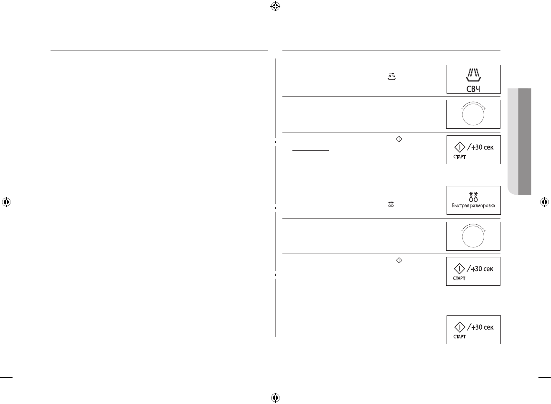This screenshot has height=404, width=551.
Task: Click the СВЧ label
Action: [x=473, y=89]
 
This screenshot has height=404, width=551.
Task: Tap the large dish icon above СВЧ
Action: [x=473, y=76]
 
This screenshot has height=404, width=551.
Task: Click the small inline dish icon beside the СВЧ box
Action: [x=391, y=76]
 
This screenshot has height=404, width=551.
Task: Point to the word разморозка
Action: [x=482, y=206]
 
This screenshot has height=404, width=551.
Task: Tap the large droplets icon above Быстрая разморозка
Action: [x=473, y=197]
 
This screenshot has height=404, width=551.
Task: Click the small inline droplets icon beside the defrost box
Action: [x=391, y=204]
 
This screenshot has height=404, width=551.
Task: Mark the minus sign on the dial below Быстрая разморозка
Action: [x=462, y=231]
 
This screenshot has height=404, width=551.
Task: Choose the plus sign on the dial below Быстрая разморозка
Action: [x=485, y=231]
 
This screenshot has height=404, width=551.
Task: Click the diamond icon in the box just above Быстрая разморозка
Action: [x=460, y=147]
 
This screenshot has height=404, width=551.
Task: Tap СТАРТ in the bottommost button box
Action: [x=460, y=337]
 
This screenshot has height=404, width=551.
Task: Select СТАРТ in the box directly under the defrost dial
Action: [x=460, y=278]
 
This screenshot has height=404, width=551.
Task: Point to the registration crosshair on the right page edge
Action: [x=544, y=202]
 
